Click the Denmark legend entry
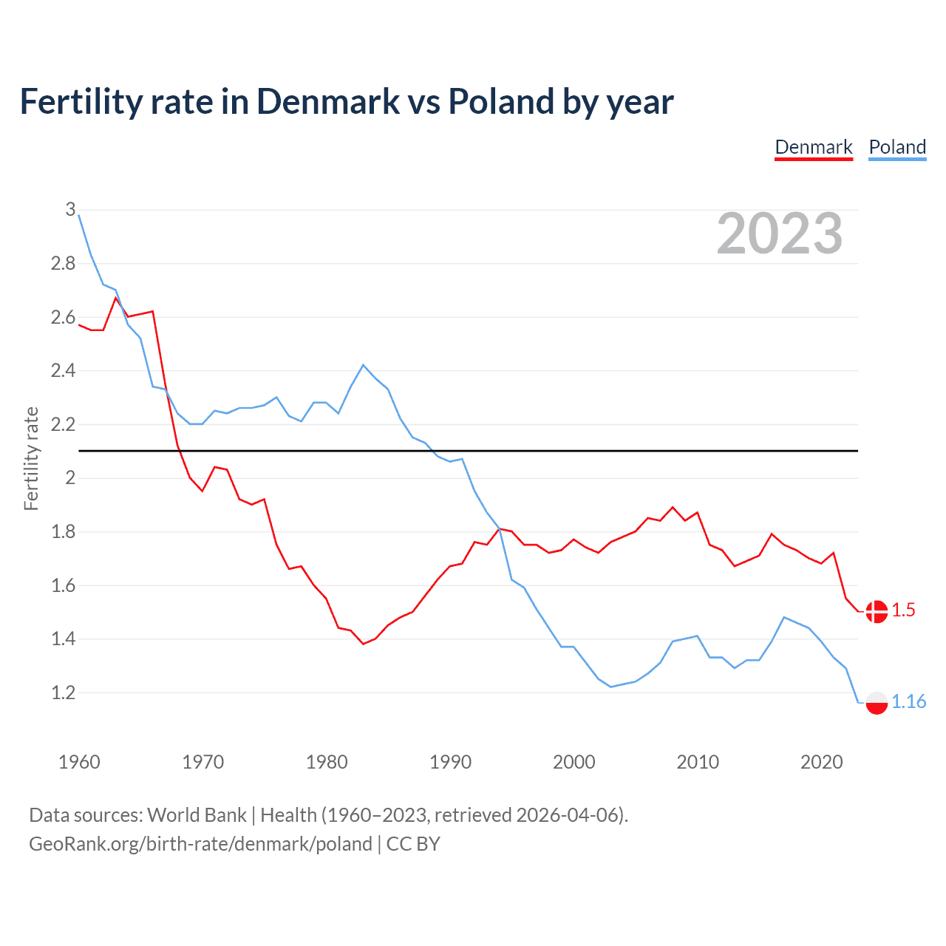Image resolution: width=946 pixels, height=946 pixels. (814, 147)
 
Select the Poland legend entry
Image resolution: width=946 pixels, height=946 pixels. (897, 147)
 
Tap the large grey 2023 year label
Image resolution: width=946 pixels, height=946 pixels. (780, 234)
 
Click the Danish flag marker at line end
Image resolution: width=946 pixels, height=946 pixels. (877, 611)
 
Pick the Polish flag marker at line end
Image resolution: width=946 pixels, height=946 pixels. (877, 703)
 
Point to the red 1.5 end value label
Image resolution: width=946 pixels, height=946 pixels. (903, 610)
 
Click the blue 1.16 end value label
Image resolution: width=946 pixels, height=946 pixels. (908, 701)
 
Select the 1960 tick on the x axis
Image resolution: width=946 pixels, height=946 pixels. (79, 762)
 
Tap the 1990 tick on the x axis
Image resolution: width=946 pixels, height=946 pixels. (450, 762)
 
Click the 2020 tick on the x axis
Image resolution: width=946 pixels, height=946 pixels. (821, 762)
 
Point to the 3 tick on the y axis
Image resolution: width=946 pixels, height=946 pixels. (71, 210)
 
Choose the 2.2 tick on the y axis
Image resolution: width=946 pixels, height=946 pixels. (64, 424)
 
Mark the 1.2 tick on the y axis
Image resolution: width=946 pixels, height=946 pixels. (64, 693)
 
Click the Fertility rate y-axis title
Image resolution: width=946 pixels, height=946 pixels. (31, 458)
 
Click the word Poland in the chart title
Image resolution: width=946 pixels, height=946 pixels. (501, 102)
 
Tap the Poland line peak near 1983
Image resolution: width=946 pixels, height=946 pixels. (363, 365)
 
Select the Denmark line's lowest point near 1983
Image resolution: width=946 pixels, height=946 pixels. (363, 644)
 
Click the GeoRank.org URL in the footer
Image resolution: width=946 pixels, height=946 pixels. (200, 844)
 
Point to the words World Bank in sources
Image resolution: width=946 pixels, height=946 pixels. (197, 815)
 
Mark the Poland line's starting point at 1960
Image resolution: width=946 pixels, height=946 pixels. (79, 215)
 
